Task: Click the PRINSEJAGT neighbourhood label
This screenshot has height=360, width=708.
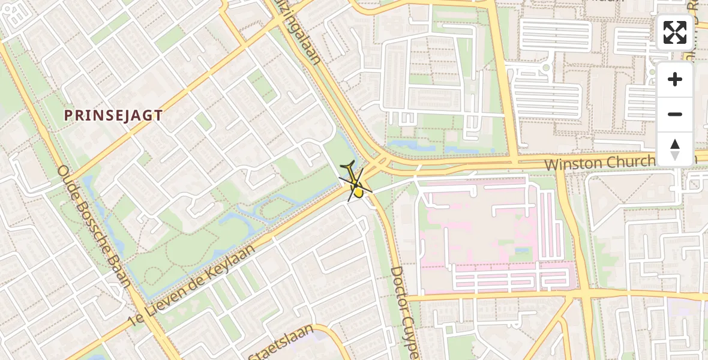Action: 113,116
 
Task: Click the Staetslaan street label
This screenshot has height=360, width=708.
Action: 282,343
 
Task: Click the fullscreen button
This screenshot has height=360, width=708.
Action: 675,32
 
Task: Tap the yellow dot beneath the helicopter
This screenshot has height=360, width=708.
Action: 358,192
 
